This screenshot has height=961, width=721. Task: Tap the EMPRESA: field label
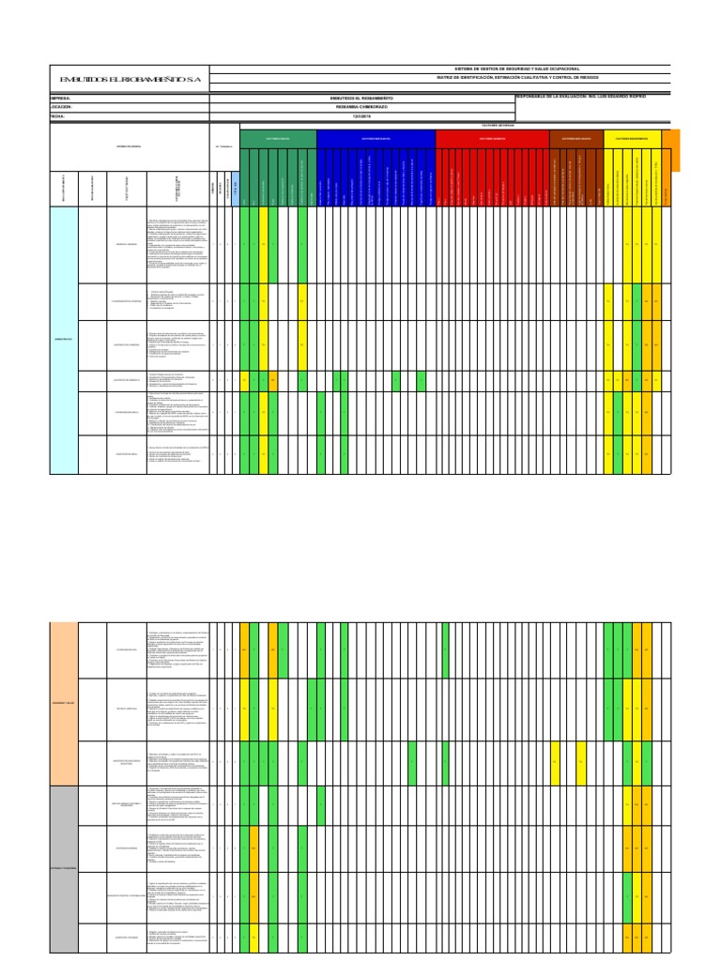click(x=61, y=98)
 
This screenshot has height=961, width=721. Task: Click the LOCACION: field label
click(x=61, y=107)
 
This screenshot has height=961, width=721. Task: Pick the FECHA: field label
click(x=59, y=116)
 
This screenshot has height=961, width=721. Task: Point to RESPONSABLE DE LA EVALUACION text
click(x=582, y=96)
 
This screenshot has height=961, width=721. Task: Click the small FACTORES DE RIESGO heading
click(x=498, y=124)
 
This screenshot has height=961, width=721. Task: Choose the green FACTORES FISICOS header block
click(x=278, y=138)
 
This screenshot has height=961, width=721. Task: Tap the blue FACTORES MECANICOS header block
click(x=376, y=138)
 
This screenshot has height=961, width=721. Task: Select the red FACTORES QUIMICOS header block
click(x=492, y=138)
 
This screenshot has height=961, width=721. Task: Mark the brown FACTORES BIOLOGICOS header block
click(x=576, y=138)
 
